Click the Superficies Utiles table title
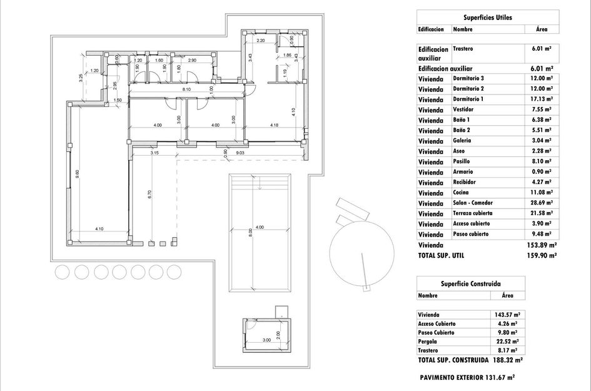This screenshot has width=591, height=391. pos(487,18)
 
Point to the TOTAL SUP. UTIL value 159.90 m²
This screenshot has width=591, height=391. pos(542,255)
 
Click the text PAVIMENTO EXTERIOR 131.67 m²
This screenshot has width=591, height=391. pos(467,377)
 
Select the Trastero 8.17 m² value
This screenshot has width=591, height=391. pos(507,351)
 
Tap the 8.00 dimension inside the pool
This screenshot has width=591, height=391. pos(250,231)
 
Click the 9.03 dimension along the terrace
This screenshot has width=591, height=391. pos(239,152)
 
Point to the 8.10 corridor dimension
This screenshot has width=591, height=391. pos(186,91)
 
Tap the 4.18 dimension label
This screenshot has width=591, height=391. pos(274,125)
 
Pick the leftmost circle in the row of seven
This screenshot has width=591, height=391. pos(63,272)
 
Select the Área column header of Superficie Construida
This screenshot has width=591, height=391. pos(507,295)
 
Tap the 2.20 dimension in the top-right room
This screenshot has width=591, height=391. pos(261,41)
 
